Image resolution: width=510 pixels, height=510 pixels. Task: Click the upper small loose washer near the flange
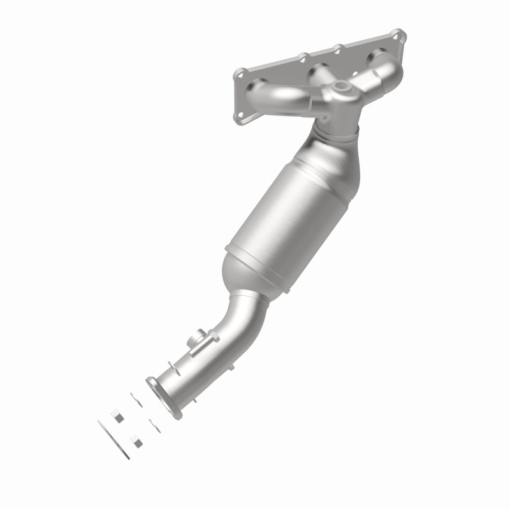[136, 398]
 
